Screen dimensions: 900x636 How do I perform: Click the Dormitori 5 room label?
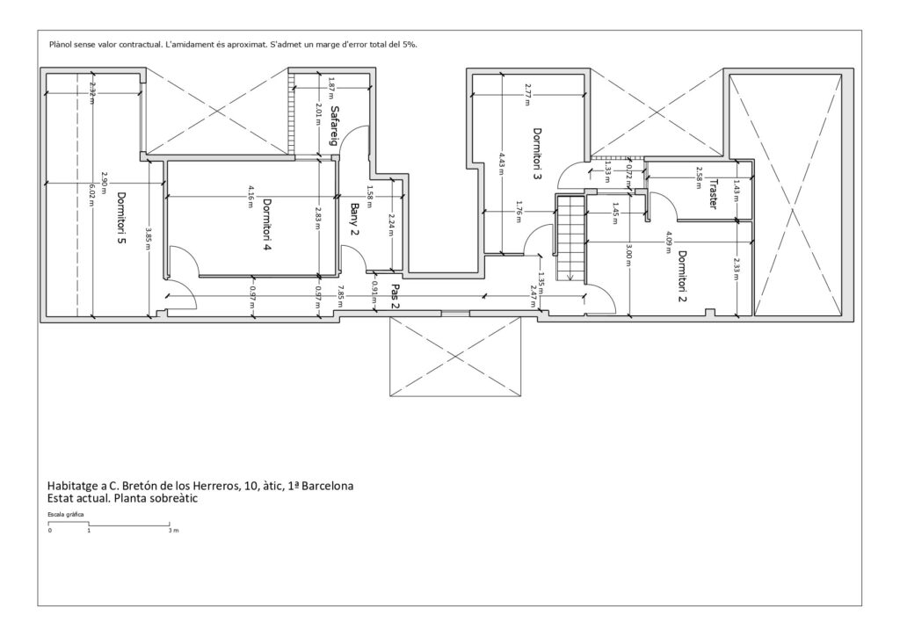(121, 218)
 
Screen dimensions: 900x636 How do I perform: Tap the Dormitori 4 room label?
(267, 224)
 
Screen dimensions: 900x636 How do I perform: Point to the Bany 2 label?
(354, 219)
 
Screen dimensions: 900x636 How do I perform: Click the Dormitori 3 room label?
(537, 154)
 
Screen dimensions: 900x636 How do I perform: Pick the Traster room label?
(713, 194)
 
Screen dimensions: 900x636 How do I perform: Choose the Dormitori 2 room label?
(682, 276)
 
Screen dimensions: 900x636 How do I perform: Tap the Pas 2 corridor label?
(396, 296)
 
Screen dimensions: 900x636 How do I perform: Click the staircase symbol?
(570, 238)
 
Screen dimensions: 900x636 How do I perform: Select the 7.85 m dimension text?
(340, 293)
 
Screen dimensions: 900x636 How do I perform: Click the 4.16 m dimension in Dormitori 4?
(250, 196)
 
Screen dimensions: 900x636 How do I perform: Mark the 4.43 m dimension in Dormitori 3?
(502, 163)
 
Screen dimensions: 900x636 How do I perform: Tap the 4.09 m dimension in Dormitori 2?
(668, 242)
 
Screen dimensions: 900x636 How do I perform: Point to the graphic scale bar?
(109, 524)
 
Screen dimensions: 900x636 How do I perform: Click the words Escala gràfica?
(65, 515)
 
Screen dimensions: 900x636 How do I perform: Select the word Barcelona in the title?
(328, 486)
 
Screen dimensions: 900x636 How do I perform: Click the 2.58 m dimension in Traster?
(699, 177)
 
